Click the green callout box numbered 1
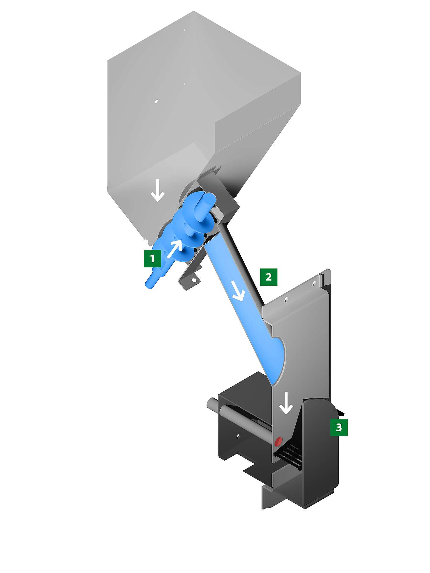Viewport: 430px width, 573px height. (x=153, y=258)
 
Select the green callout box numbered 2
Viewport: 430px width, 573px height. (x=269, y=277)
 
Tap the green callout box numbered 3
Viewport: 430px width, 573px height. (x=339, y=427)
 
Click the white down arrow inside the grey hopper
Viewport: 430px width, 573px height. (x=157, y=192)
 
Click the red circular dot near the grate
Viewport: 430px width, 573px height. (x=278, y=441)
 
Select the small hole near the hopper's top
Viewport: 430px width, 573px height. (x=184, y=30)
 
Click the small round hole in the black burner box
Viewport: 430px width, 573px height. (x=238, y=436)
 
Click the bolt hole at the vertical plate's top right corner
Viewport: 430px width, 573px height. (x=314, y=283)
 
